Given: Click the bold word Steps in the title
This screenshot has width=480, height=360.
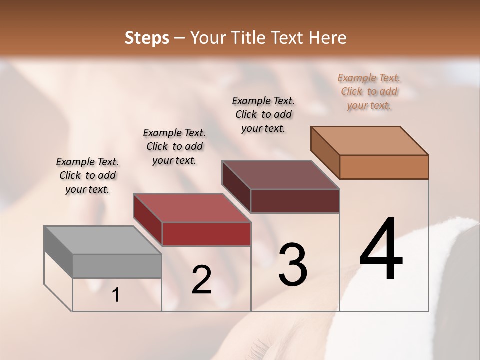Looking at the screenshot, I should [147, 38].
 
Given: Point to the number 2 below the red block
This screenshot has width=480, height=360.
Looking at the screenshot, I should [201, 280].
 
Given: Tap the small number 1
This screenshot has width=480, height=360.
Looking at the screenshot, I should [116, 295].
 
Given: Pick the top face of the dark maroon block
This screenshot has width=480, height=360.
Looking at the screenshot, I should [280, 175].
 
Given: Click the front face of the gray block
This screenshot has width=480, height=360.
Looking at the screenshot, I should [117, 266].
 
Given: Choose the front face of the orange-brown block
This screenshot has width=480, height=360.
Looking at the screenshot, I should [384, 167].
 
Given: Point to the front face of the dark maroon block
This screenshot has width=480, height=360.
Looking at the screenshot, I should [295, 201].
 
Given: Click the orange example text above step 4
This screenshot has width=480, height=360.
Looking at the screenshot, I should [369, 92].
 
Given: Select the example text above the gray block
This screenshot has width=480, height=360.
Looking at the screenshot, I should [87, 175].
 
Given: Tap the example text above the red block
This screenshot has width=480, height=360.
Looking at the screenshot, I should [174, 146].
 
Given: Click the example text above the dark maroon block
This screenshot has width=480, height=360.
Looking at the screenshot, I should [263, 114].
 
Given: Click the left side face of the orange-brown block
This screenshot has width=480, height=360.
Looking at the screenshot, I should [325, 152].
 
